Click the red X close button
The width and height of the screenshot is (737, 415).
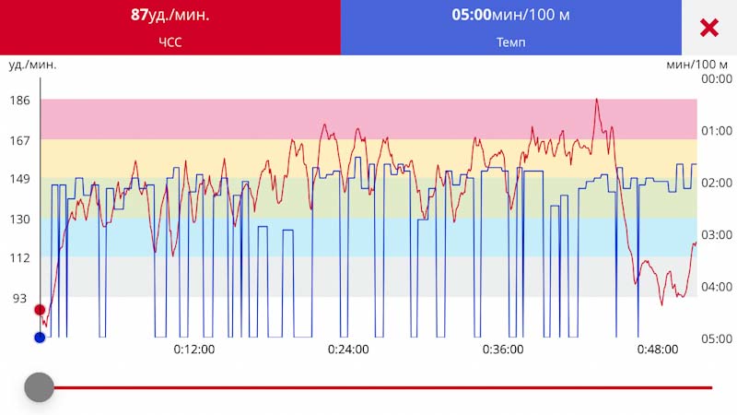tap(708, 28)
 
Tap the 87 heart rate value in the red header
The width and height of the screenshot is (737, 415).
tap(139, 15)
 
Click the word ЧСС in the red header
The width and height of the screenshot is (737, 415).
tap(170, 42)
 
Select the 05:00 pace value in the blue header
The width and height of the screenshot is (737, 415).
tap(472, 15)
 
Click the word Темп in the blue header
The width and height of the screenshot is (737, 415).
tap(511, 42)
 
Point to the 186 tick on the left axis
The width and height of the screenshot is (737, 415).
tap(19, 101)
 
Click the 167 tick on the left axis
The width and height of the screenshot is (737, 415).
tap(19, 141)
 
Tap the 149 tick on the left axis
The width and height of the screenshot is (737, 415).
tap(19, 179)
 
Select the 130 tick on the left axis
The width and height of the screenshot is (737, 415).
tap(19, 219)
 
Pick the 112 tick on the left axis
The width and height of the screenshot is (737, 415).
tap(19, 258)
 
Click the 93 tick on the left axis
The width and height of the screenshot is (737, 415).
tap(19, 298)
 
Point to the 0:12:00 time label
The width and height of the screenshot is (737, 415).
tap(194, 350)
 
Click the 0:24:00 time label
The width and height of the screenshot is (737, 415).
tap(348, 350)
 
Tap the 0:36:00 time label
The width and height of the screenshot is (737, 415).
tap(503, 350)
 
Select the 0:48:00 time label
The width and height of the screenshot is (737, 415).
tap(658, 350)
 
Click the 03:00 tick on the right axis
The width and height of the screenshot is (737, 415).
tap(717, 234)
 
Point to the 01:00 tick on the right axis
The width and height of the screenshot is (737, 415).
tap(717, 130)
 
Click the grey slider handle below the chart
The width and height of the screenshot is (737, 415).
tap(40, 387)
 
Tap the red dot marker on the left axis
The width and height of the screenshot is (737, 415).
tap(40, 310)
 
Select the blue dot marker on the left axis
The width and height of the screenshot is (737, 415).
tap(40, 338)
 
